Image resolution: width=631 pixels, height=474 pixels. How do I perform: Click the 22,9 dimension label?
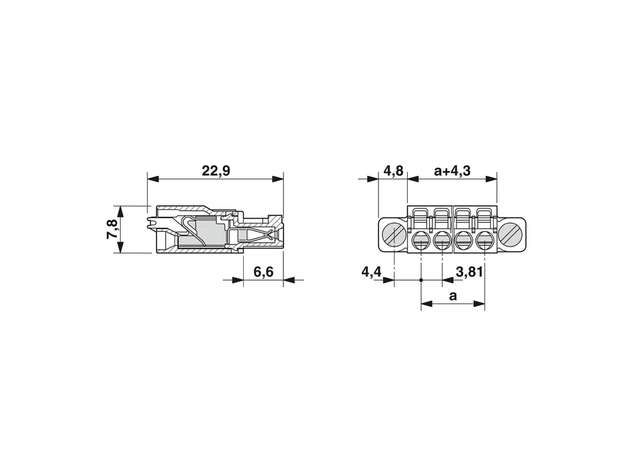pyautogui.click(x=216, y=171)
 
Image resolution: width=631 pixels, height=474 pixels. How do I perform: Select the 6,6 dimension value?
pyautogui.click(x=263, y=272)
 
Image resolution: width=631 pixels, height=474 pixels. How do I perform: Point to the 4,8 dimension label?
pyautogui.click(x=393, y=171)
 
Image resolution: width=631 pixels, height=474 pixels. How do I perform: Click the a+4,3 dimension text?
pyautogui.click(x=452, y=171)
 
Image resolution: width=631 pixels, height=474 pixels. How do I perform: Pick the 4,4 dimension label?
pyautogui.click(x=371, y=272)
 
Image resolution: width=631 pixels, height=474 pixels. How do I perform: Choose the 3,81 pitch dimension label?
pyautogui.click(x=469, y=272)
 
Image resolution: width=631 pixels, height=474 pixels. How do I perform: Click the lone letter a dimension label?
pyautogui.click(x=453, y=296)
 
